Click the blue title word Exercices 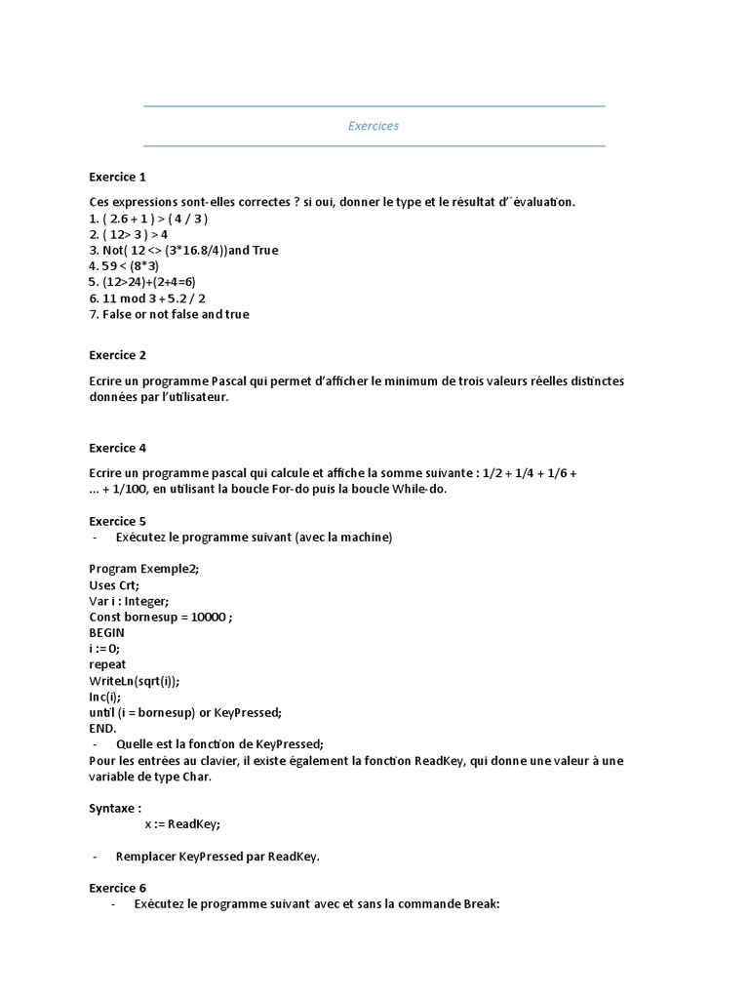[x=374, y=126]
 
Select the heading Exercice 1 [x=117, y=177]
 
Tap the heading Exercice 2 [x=117, y=355]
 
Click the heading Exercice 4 [x=117, y=448]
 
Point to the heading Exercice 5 [x=117, y=521]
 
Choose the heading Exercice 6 [x=117, y=888]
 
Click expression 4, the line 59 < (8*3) [x=124, y=265]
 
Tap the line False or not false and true [x=169, y=314]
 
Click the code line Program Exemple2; [x=143, y=569]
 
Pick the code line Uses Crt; [x=114, y=584]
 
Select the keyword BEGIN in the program [x=106, y=632]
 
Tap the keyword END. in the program [x=102, y=728]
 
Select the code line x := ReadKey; [x=182, y=824]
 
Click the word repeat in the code [x=107, y=664]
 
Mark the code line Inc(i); [x=105, y=697]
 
